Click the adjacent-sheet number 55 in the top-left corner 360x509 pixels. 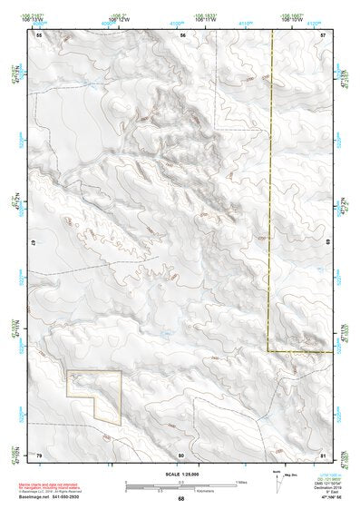(38, 34)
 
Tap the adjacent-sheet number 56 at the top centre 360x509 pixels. (182, 34)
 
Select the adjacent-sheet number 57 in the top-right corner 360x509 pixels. (324, 34)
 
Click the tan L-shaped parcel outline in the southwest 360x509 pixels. (94, 396)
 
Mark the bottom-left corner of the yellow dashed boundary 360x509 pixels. (268, 350)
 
